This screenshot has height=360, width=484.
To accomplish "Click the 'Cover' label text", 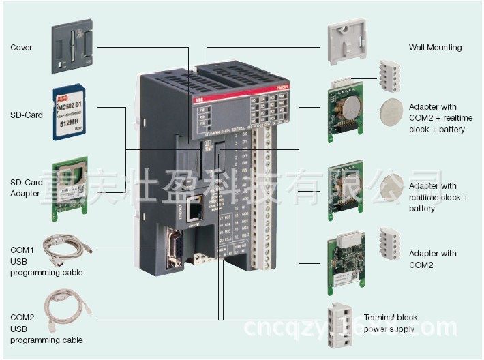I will tap(21, 48).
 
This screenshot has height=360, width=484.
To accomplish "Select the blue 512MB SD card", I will tap(72, 113).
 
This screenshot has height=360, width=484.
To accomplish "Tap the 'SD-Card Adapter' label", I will tap(27, 187).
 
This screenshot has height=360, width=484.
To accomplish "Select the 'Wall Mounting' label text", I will tap(435, 48).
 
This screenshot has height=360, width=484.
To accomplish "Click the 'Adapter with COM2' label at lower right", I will tap(432, 259).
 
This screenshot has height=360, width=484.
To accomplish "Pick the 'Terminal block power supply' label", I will tap(390, 323).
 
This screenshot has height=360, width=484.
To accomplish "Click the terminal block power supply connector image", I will tap(346, 321).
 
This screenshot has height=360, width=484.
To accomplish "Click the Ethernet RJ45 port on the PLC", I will tap(196, 205).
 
